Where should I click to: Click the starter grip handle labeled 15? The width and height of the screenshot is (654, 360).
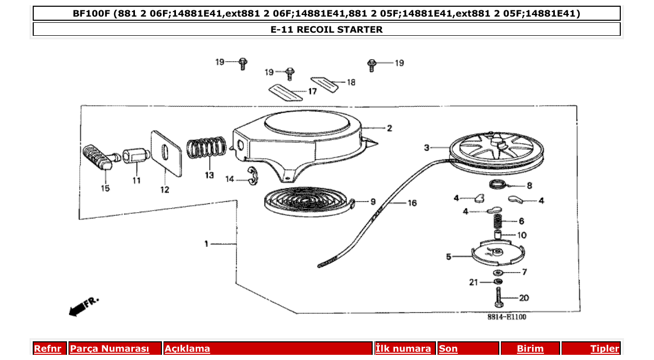point(98,157)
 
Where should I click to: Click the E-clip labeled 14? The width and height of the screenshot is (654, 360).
point(252,176)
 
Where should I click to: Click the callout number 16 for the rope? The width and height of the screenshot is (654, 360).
point(412,203)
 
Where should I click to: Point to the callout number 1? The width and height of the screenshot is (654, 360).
point(206,243)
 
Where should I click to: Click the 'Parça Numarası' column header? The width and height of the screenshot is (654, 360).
point(110,349)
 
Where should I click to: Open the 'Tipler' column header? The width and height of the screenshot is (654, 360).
point(605,349)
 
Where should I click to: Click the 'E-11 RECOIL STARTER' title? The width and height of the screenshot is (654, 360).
point(326,30)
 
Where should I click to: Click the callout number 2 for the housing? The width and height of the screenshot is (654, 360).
point(389,128)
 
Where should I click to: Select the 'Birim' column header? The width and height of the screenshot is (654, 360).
point(530,349)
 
